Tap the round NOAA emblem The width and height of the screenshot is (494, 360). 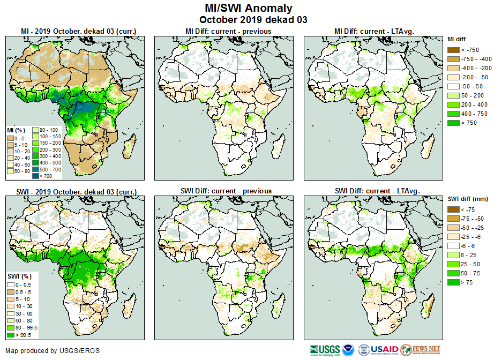coord(348,350)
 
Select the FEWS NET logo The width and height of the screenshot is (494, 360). coord(420,350)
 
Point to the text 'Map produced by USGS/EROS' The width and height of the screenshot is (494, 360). coord(53,351)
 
